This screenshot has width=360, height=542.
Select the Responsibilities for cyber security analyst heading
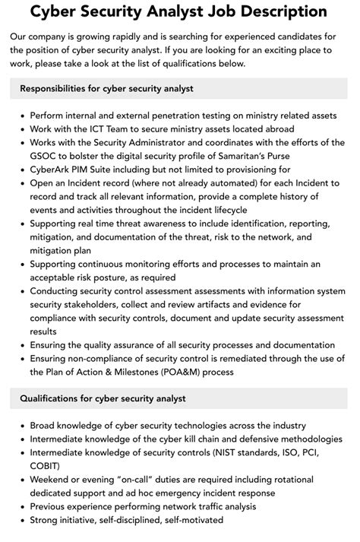107,89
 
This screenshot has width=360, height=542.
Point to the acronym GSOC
45,156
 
